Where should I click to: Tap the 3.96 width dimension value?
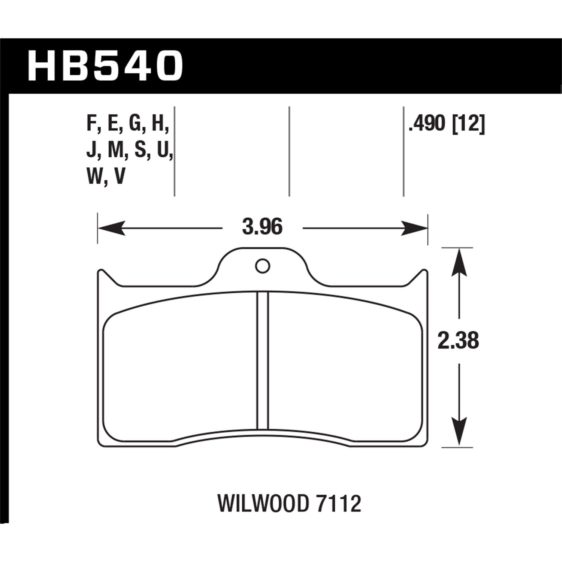tap(262, 227)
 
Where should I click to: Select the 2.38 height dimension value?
tap(458, 341)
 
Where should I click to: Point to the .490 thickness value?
tap(428, 124)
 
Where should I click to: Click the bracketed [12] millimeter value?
tap(469, 124)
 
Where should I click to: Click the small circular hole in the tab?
tap(262, 266)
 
